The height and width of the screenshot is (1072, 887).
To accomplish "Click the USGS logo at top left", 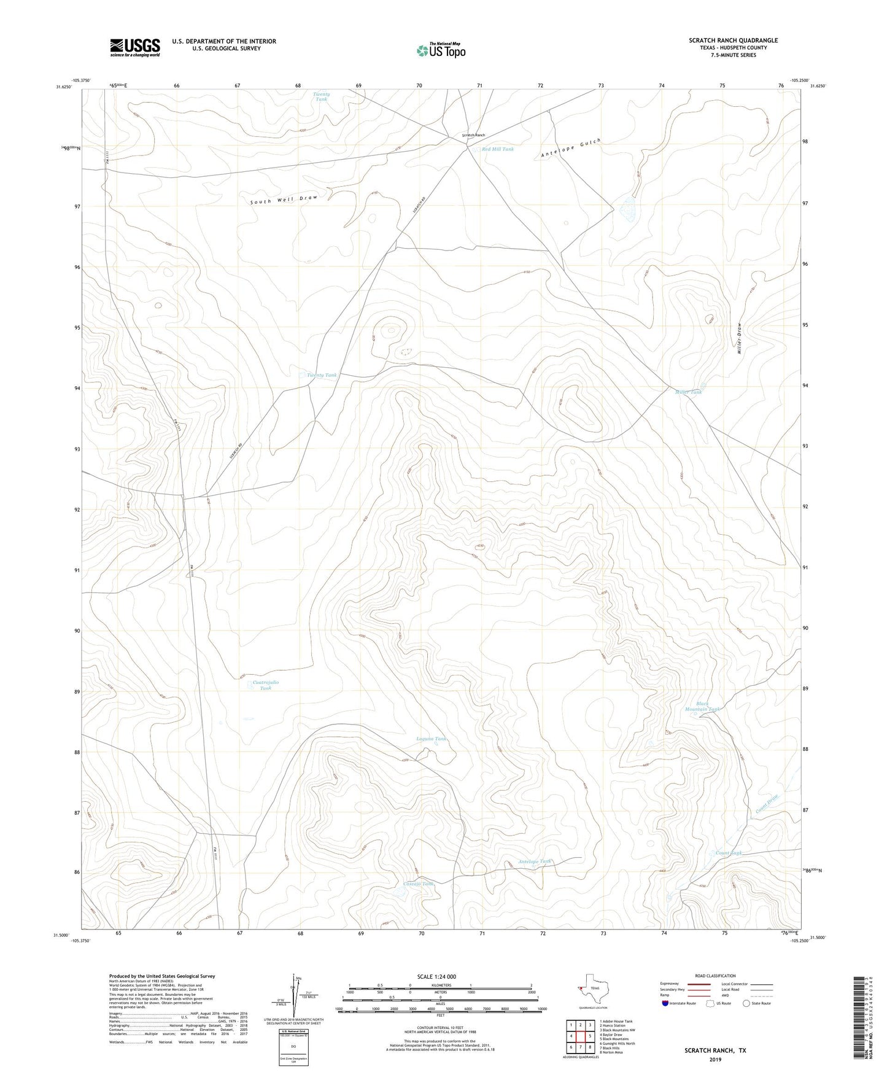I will (135, 47).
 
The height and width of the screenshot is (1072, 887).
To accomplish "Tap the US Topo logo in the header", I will (440, 50).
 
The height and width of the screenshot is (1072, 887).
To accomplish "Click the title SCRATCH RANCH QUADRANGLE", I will (733, 41).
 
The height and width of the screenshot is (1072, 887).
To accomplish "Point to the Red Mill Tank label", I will (497, 149).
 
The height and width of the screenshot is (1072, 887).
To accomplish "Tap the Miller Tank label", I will (688, 392).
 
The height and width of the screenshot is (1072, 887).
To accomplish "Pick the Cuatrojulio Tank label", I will (266, 685).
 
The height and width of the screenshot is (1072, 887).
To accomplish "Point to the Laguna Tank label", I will (432, 739).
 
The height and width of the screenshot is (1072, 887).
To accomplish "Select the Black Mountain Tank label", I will (702, 707).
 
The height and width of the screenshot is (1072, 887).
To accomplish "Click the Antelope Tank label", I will (534, 861).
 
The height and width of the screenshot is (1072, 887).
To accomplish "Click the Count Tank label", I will (729, 853).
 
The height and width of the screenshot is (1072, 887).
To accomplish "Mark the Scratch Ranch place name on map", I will (473, 135).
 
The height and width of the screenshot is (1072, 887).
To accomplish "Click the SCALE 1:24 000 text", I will (436, 977).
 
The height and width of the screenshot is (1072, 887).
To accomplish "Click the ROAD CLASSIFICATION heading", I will (715, 976).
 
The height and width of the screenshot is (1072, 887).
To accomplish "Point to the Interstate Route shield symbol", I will (666, 1003).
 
